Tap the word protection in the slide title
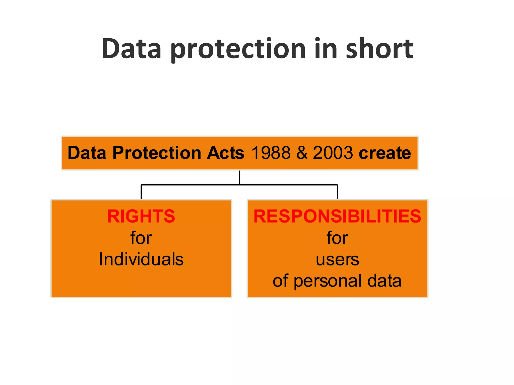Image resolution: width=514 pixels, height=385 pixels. pyautogui.click(x=238, y=49)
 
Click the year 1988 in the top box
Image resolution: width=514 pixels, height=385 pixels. pyautogui.click(x=271, y=153)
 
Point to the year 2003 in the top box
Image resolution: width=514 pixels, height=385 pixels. pyautogui.click(x=333, y=153)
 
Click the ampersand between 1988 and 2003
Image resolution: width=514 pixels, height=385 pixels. pyautogui.click(x=302, y=153)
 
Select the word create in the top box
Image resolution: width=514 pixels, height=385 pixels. pyautogui.click(x=385, y=153)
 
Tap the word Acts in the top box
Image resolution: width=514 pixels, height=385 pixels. pyautogui.click(x=225, y=153)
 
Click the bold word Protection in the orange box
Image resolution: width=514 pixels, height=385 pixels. pyautogui.click(x=157, y=153)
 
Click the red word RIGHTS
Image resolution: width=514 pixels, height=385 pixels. pyautogui.click(x=141, y=216)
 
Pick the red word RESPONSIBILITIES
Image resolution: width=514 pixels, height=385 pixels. pyautogui.click(x=337, y=216)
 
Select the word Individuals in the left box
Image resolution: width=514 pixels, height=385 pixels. pyautogui.click(x=141, y=259)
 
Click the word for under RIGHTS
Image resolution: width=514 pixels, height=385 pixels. pyautogui.click(x=141, y=238)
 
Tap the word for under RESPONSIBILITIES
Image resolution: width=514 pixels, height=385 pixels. pyautogui.click(x=337, y=238)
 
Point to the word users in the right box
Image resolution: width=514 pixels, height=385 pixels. pyautogui.click(x=337, y=260)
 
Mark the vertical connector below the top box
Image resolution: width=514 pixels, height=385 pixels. pyautogui.click(x=239, y=177)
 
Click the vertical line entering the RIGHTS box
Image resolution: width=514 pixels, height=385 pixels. pyautogui.click(x=141, y=192)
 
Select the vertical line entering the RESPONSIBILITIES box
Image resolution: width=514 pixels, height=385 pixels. pyautogui.click(x=338, y=192)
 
